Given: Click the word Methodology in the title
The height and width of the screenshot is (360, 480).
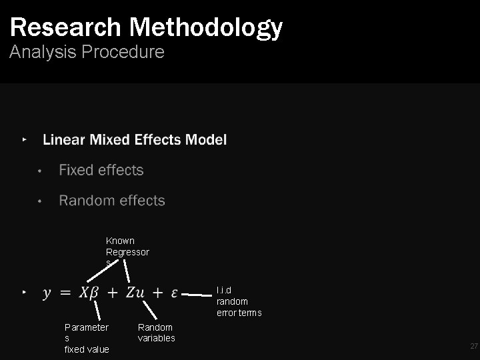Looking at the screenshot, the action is click(206, 27).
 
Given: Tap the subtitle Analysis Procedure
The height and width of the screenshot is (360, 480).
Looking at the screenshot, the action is click(87, 53).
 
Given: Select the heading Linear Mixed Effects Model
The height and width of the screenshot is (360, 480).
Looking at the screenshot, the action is click(135, 140).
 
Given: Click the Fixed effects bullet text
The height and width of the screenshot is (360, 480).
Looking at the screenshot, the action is click(101, 171).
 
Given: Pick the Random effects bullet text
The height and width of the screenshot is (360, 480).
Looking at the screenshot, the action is click(112, 201).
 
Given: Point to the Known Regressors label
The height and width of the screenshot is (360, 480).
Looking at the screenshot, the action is click(127, 252).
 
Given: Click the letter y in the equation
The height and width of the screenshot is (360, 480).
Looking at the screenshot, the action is click(47, 293).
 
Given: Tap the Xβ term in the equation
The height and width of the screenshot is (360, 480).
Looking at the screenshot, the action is click(89, 293).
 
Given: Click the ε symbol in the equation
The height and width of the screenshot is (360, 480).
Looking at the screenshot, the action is click(174, 293).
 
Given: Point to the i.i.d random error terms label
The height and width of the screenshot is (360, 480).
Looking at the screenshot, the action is click(239, 301).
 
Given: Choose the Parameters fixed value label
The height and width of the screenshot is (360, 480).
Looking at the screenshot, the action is click(87, 338).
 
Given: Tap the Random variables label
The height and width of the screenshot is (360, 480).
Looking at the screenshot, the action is click(156, 333).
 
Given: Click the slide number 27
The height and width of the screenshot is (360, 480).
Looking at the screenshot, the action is click(474, 346).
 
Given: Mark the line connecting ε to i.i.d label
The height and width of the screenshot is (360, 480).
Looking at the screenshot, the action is click(197, 293).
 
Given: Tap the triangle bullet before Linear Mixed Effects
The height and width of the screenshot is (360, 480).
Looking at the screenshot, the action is click(25, 140).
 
